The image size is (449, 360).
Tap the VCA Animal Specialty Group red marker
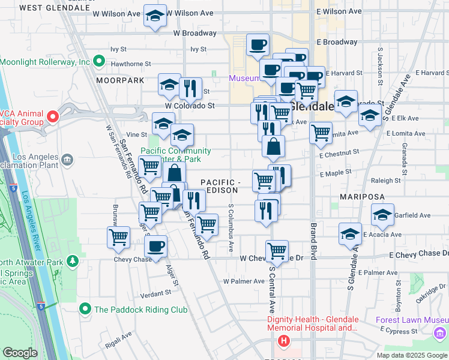[52, 116]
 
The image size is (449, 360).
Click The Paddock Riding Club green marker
[85, 310]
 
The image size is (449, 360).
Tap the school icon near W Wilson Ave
[155, 17]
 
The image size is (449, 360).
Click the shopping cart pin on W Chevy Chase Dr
[277, 250]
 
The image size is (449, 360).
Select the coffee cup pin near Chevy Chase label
[156, 246]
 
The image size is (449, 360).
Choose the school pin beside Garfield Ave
[382, 215]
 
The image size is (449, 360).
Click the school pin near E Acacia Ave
[351, 235]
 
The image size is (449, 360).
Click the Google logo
[20, 353]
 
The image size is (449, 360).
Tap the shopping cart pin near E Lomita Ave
[321, 133]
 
